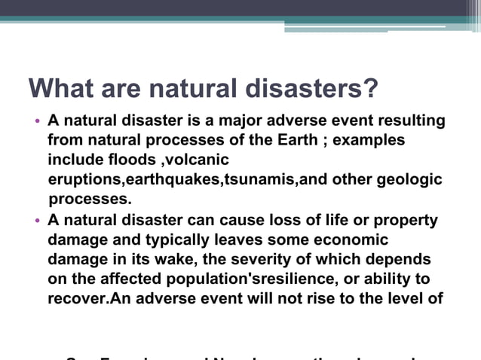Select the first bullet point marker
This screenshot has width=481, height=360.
(x=37, y=122)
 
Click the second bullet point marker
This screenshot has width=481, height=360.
(x=37, y=221)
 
